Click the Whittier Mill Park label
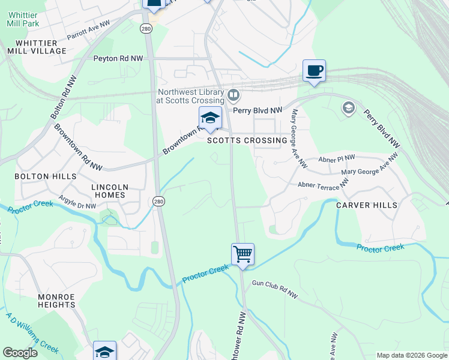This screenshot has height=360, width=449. (22, 19)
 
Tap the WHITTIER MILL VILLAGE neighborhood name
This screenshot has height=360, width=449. (37, 47)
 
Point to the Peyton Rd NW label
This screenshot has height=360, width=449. (118, 59)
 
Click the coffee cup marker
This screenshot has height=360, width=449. (314, 71)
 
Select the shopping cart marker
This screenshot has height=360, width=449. (243, 254)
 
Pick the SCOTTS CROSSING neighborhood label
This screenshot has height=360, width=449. (247, 140)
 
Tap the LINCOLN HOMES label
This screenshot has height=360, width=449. (109, 191)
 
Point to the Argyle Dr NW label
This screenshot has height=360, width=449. (77, 202)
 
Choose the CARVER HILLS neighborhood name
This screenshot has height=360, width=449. (366, 205)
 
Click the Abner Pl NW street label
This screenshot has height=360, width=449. (337, 158)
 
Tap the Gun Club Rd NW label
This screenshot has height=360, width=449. (274, 288)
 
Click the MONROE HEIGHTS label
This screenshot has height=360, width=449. (56, 301)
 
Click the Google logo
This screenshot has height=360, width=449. (20, 353)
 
